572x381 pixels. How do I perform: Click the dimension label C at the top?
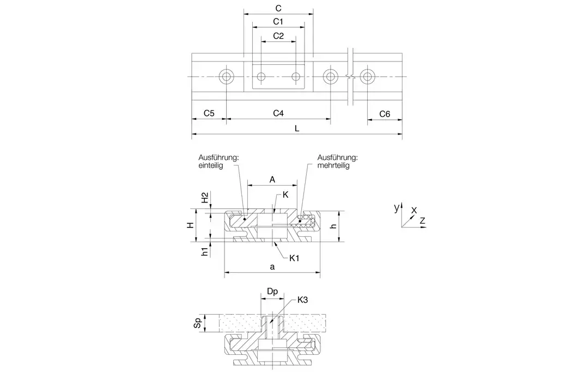point(278,8)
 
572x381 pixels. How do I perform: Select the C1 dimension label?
point(278,22)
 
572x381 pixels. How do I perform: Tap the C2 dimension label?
point(278,36)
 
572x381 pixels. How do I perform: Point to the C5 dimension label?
point(209,114)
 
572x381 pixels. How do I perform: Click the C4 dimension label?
point(278,114)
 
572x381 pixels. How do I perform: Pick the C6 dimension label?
point(385,114)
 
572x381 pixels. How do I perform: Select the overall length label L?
point(296,129)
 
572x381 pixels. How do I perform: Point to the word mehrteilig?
point(333,166)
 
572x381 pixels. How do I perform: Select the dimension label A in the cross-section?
point(272,179)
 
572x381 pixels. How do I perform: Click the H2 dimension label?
point(205,198)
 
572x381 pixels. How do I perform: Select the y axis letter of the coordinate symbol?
point(397,208)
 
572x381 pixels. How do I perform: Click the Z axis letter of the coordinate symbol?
point(422,220)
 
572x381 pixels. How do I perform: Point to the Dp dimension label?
point(272,292)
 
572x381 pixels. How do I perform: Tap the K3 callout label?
point(304,300)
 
